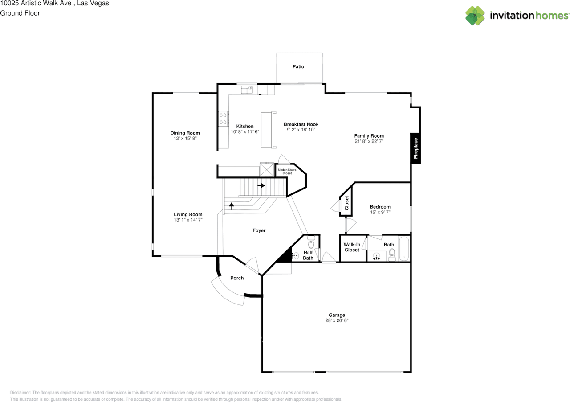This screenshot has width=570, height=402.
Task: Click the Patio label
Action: pyautogui.click(x=298, y=66)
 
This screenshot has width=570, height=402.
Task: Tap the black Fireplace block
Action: pyautogui.click(x=415, y=148)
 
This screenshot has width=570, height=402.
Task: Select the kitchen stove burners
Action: pyautogui.click(x=223, y=119)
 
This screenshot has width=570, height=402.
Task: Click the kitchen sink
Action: pyautogui.click(x=247, y=90)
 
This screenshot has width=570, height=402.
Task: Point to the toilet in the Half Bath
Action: pyautogui.click(x=311, y=242)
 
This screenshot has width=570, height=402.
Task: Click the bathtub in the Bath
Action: pyautogui.click(x=404, y=249)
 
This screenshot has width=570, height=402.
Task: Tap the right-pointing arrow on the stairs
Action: pyautogui.click(x=261, y=185)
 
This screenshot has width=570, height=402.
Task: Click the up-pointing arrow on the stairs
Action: pyautogui.click(x=231, y=206)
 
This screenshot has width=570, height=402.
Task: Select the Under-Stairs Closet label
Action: pyautogui.click(x=287, y=172)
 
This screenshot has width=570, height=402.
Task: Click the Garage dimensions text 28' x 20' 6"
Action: pyautogui.click(x=337, y=320)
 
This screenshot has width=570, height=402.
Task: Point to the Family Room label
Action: pyautogui.click(x=369, y=136)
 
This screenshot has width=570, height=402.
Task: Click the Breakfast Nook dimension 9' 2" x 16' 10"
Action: pyautogui.click(x=301, y=130)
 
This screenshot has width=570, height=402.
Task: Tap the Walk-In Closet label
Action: pyautogui.click(x=352, y=247)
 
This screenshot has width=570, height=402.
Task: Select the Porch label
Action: pyautogui.click(x=237, y=278)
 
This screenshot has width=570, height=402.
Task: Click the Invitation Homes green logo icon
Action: pyautogui.click(x=475, y=16)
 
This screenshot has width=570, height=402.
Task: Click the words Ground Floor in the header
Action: pyautogui.click(x=20, y=13)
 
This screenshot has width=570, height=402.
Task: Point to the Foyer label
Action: pyautogui.click(x=259, y=230)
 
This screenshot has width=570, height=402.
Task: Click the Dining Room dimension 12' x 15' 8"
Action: pyautogui.click(x=185, y=138)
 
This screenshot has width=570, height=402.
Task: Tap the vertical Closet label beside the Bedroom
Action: pyautogui.click(x=346, y=203)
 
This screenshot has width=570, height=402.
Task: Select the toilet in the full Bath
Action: pyautogui.click(x=392, y=255)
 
